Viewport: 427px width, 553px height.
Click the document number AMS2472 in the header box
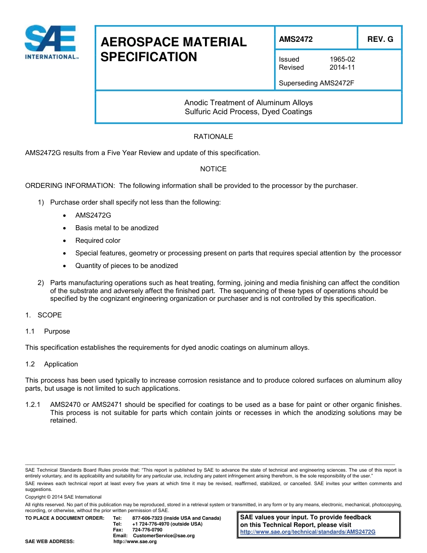296,39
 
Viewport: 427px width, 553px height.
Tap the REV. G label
380,39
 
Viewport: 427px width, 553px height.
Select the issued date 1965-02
342,59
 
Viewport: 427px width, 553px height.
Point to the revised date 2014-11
342,67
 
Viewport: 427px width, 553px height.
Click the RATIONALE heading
213,137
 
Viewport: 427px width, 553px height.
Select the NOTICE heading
213,169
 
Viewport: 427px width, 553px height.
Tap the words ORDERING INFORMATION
70,186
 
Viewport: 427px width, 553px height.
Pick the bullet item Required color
98,241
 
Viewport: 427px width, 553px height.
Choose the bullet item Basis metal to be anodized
117,228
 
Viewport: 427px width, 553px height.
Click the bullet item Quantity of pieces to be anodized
126,266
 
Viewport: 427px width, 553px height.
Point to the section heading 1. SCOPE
44,315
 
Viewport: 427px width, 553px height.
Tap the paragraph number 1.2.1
33,405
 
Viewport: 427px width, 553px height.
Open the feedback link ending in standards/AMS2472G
307,532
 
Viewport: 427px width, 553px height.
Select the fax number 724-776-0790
147,530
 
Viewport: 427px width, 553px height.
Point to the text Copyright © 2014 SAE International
63,497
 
